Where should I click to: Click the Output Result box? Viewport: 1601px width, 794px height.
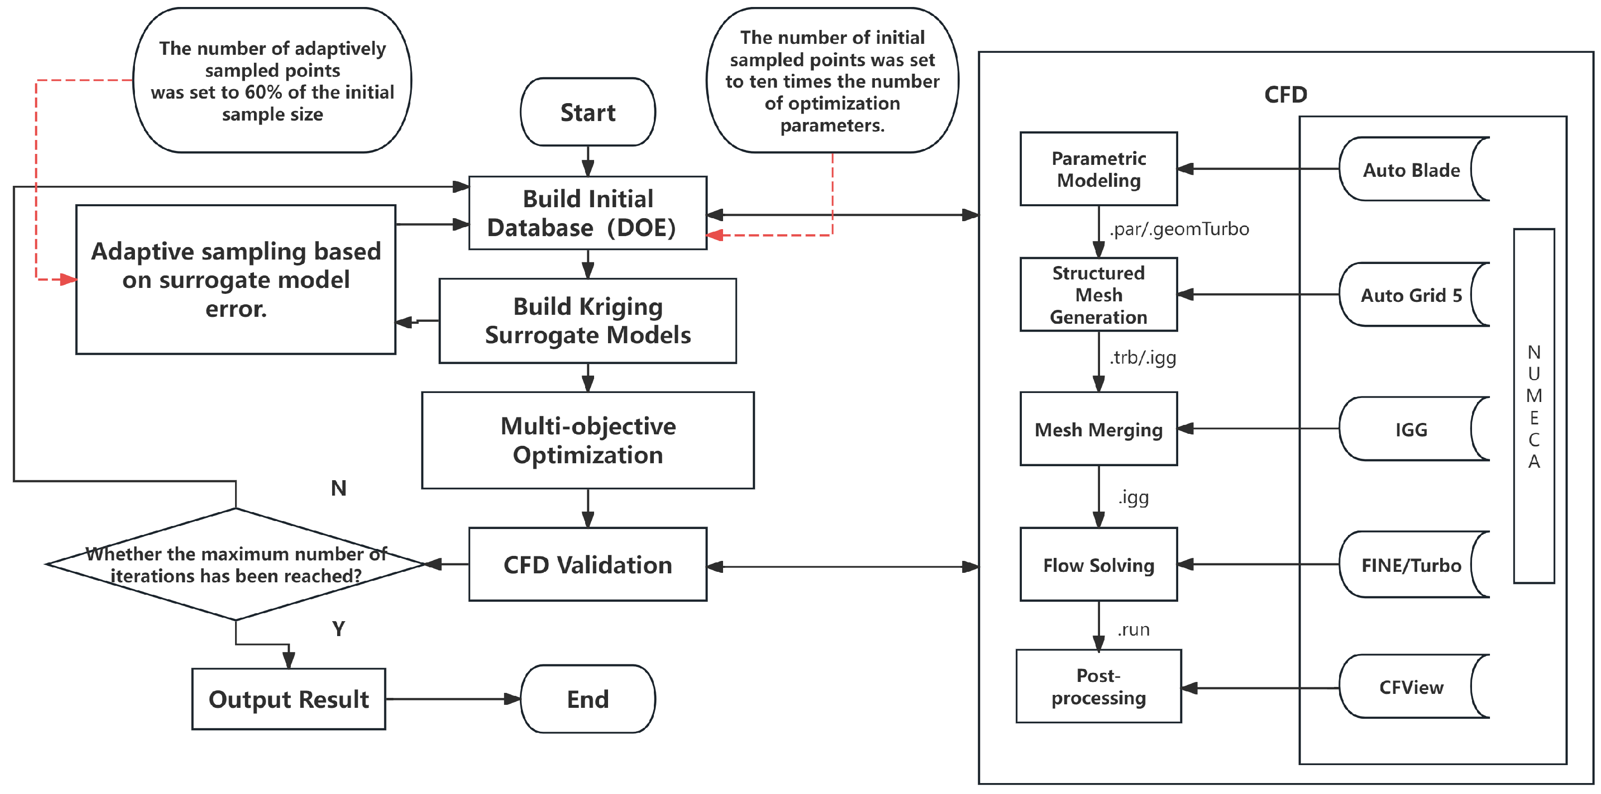[288, 699]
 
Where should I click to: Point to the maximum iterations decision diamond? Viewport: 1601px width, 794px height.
[236, 564]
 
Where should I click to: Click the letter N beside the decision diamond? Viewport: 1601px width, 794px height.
[339, 488]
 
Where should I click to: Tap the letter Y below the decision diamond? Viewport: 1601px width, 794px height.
[339, 629]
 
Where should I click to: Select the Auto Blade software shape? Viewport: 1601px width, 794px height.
[1411, 169]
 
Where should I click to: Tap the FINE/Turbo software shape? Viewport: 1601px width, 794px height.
[1411, 564]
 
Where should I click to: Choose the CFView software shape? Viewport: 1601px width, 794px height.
[1411, 686]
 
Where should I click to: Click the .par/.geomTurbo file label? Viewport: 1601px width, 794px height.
[1179, 230]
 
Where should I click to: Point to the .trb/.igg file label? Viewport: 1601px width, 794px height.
[1143, 358]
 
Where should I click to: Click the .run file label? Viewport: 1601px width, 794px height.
[1133, 630]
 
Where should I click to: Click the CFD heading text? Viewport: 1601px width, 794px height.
[1286, 95]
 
